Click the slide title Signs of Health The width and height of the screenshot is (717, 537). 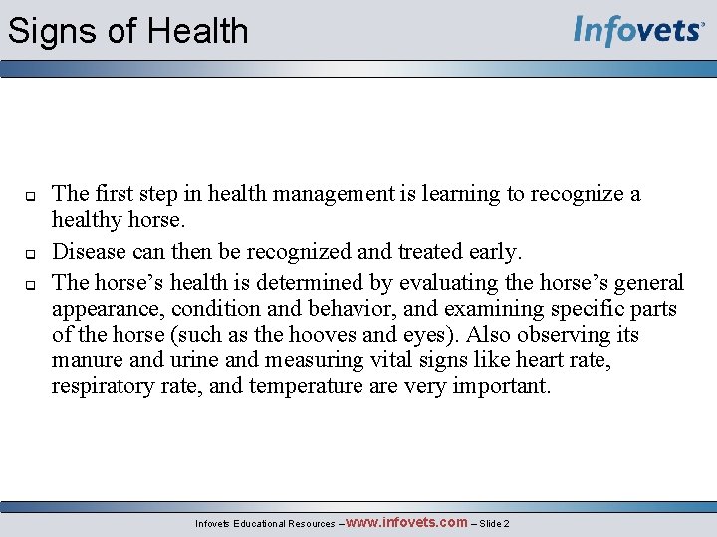pyautogui.click(x=127, y=31)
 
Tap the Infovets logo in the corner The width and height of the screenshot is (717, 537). pyautogui.click(x=639, y=31)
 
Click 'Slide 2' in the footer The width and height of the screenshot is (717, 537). pyautogui.click(x=492, y=523)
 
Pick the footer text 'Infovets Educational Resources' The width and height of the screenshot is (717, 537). pyautogui.click(x=264, y=523)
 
